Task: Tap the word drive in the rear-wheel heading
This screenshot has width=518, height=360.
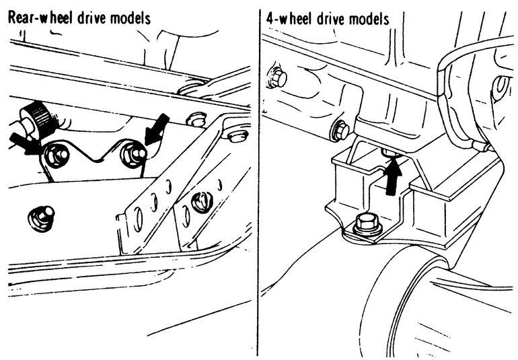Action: (91, 17)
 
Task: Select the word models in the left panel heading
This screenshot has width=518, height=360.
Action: (131, 17)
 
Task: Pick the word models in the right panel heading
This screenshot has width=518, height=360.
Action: (369, 19)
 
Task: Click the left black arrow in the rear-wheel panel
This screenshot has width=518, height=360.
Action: (25, 142)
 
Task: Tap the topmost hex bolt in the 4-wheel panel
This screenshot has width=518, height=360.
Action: (277, 77)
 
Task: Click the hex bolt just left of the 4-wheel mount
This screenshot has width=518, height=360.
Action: (341, 131)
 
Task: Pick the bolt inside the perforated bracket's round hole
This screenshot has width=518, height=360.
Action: (201, 202)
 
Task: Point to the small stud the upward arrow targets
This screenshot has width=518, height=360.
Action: (390, 152)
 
